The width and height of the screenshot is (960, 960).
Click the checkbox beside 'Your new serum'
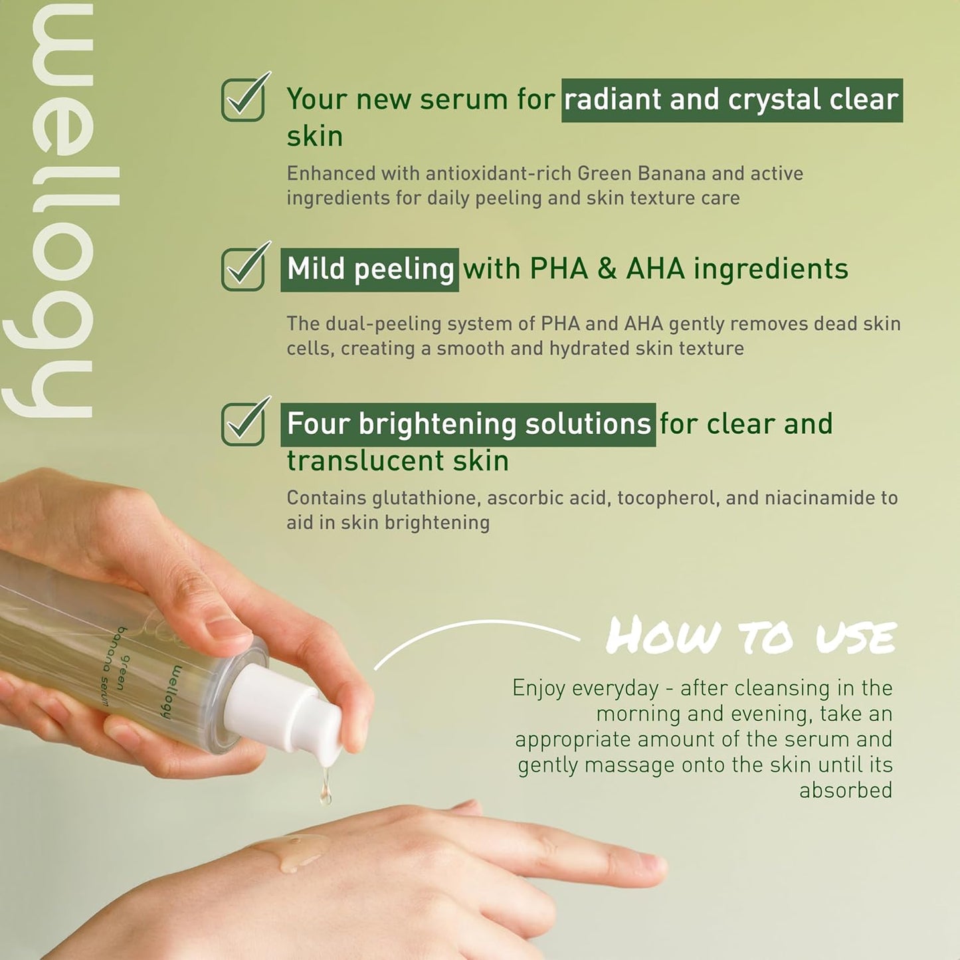pos(242,100)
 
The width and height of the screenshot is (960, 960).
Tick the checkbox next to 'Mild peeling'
pos(242,269)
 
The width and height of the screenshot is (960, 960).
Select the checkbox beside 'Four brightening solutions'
pos(242,424)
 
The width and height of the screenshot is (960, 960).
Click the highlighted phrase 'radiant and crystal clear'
pos(732,100)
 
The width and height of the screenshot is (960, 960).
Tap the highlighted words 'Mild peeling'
pos(369,270)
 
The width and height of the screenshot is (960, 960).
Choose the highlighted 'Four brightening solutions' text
pos(468,425)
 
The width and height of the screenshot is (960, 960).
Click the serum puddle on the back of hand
pos(294,854)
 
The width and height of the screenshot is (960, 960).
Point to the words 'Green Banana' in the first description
pos(642,174)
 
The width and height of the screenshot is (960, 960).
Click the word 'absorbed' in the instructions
pos(846,791)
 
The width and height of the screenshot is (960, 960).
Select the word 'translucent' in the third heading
pos(365,460)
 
